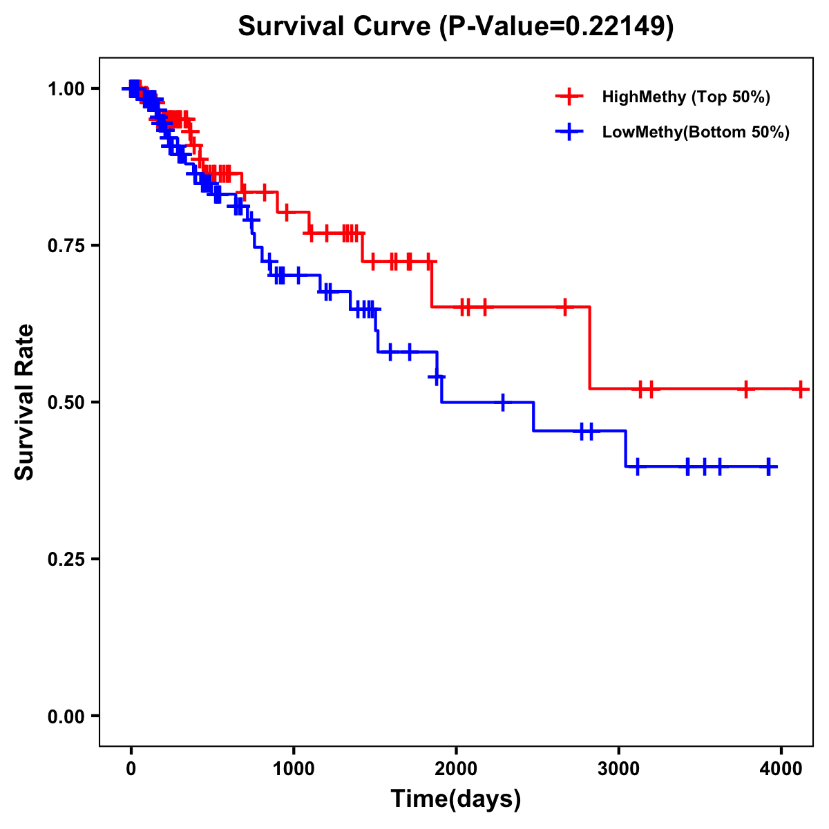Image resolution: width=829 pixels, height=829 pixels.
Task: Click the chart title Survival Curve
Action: pos(336,27)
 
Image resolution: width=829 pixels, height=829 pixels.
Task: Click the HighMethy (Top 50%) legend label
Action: pos(686,97)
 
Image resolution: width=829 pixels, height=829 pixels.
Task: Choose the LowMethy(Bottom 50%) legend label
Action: pos(696,132)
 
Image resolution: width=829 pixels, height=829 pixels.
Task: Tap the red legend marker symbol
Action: pos(569,97)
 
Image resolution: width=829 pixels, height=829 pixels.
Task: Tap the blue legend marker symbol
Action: pos(569,132)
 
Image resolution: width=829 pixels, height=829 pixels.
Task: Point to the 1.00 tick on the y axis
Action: pos(66,88)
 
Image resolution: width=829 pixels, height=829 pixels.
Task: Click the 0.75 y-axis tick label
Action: pos(66,245)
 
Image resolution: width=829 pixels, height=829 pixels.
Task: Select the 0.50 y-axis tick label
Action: pos(66,402)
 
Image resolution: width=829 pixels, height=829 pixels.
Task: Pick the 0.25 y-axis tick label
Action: pos(66,559)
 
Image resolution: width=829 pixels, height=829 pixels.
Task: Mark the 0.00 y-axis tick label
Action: pos(66,716)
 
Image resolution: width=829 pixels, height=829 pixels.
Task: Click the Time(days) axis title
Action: pos(456,799)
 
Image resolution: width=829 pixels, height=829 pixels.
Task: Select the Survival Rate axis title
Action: pos(25,402)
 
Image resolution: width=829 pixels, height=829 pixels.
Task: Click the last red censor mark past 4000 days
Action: pos(800,389)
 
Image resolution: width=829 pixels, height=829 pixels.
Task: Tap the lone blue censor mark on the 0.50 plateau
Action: pos(502,401)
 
